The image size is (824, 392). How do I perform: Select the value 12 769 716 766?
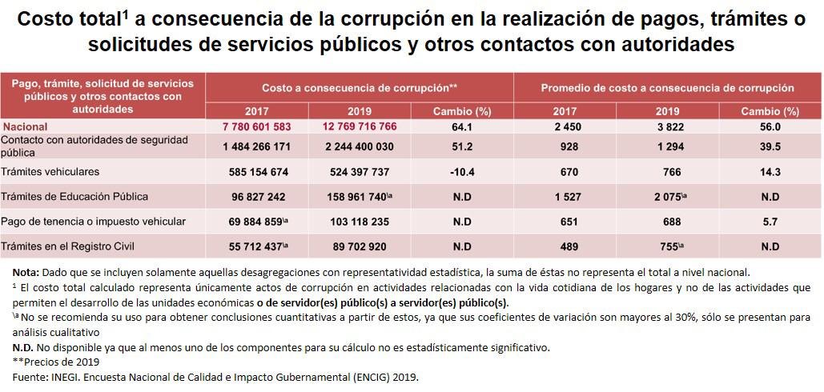[x=360, y=126]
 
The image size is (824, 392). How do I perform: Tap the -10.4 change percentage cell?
[x=461, y=172]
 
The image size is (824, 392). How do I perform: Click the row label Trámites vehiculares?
[x=50, y=172]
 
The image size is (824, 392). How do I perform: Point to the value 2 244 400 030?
[x=360, y=146]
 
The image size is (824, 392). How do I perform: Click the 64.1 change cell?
[x=461, y=126]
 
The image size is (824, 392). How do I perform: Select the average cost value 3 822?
[x=667, y=126]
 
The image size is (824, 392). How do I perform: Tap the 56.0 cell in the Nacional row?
[x=770, y=126]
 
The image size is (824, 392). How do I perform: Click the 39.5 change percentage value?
[x=770, y=146]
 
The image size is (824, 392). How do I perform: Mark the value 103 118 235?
[x=360, y=222]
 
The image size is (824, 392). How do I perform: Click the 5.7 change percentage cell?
[x=770, y=222]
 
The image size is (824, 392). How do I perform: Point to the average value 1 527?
[x=565, y=197]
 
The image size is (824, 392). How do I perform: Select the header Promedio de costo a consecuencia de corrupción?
[x=667, y=88]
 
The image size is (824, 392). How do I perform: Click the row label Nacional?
[x=26, y=126]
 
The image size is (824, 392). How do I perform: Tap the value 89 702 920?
[x=360, y=246]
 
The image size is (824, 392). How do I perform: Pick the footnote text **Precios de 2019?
[x=53, y=362]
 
